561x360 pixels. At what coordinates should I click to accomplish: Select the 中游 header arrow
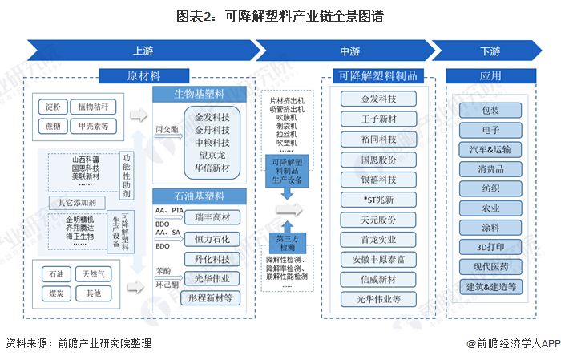pos(349,51)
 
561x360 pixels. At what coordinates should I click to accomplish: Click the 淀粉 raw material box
pos(53,107)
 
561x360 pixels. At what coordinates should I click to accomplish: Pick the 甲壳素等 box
pos(93,125)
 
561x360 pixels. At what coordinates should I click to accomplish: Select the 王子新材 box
pos(379,119)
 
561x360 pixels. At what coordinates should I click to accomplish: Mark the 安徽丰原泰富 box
pos(379,259)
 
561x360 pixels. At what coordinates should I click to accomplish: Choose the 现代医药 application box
pos(490,266)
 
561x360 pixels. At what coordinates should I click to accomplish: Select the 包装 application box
pos(490,110)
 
